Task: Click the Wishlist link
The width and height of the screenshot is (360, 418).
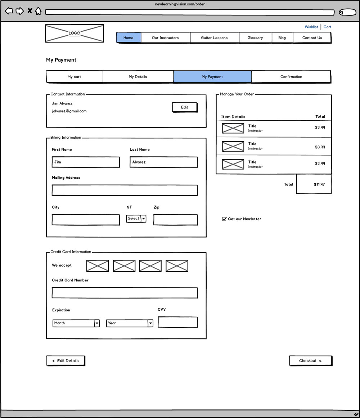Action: tap(311, 27)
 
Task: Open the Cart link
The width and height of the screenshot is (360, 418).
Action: tap(327, 27)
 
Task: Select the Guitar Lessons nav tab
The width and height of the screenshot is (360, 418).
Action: tap(214, 38)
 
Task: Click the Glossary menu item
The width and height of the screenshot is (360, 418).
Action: tap(255, 38)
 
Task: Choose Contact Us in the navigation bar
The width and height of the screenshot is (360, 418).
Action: tap(312, 38)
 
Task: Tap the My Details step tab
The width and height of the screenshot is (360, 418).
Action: tap(138, 77)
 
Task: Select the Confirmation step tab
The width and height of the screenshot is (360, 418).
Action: tap(291, 77)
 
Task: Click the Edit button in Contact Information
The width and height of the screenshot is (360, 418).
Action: tap(184, 107)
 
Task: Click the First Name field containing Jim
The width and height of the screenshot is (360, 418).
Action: tap(86, 162)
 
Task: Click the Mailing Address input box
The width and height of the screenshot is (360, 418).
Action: tap(125, 190)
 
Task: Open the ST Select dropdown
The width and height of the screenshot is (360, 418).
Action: tap(136, 218)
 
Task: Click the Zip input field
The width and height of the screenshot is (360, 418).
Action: tap(175, 220)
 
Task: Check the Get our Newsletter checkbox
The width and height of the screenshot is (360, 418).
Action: tap(224, 219)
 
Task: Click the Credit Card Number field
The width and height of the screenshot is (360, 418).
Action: tap(125, 293)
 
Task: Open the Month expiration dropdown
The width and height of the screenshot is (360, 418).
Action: tap(76, 323)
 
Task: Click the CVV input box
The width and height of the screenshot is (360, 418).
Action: tap(177, 322)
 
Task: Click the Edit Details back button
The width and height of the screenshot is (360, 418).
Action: tap(66, 361)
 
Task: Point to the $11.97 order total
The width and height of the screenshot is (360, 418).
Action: tap(319, 184)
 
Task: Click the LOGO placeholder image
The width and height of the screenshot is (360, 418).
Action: tap(74, 33)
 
